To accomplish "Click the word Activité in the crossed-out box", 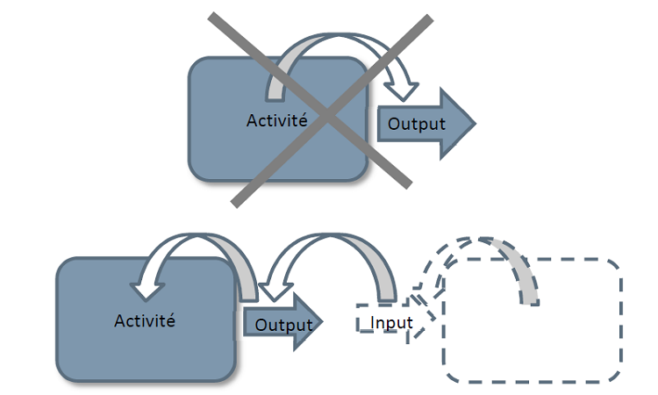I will tap(276, 120).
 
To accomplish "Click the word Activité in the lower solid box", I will tap(145, 320).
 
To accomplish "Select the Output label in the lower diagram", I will tap(283, 324).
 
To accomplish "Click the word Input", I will tap(391, 322).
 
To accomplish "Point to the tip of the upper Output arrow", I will tap(474, 124).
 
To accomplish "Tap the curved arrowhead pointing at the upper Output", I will tap(404, 86).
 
